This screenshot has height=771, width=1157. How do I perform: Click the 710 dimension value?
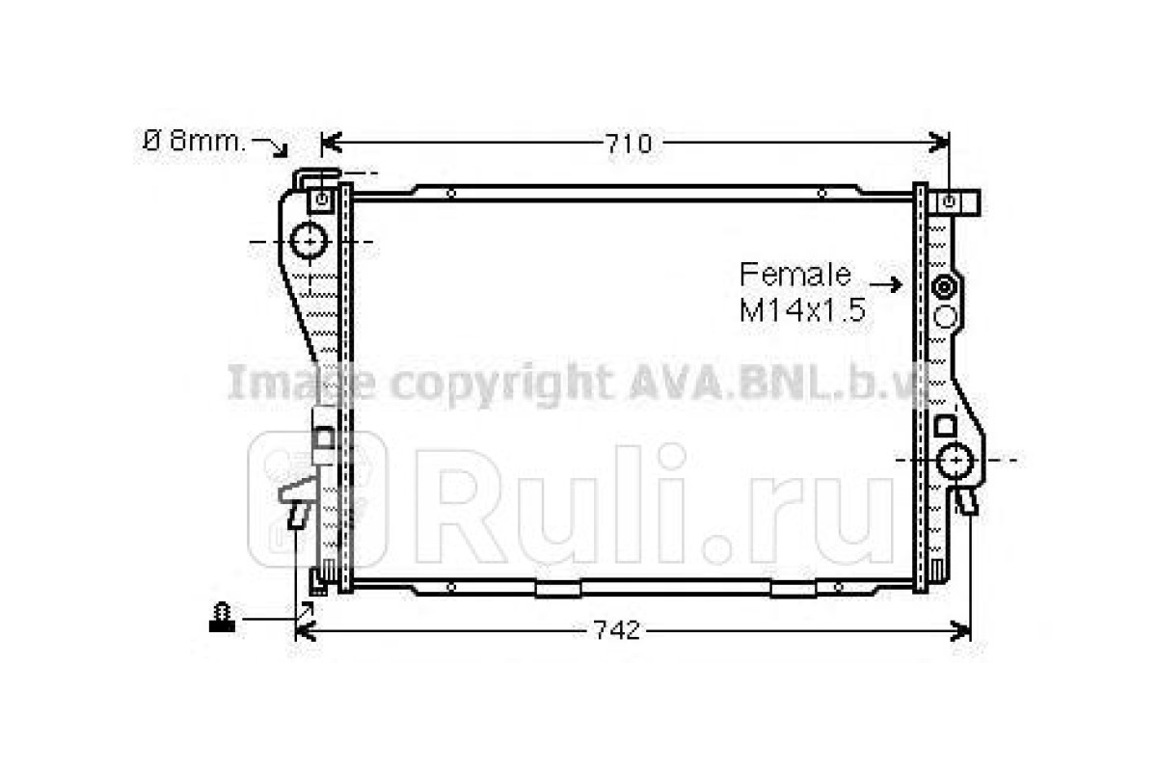pyautogui.click(x=628, y=144)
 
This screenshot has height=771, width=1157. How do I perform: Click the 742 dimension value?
pyautogui.click(x=616, y=630)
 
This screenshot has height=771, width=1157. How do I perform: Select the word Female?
pyautogui.click(x=794, y=275)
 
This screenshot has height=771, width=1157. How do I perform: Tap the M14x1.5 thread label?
pyautogui.click(x=802, y=310)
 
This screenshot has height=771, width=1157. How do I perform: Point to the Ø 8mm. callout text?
pyautogui.click(x=195, y=142)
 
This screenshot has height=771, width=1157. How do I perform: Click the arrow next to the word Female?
pyautogui.click(x=885, y=284)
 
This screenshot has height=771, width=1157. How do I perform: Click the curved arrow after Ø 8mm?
pyautogui.click(x=270, y=146)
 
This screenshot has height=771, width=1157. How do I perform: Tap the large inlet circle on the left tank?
pyautogui.click(x=309, y=241)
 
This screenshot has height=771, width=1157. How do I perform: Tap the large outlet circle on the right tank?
pyautogui.click(x=955, y=460)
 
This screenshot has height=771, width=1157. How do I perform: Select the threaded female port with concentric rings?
pyautogui.click(x=945, y=287)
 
